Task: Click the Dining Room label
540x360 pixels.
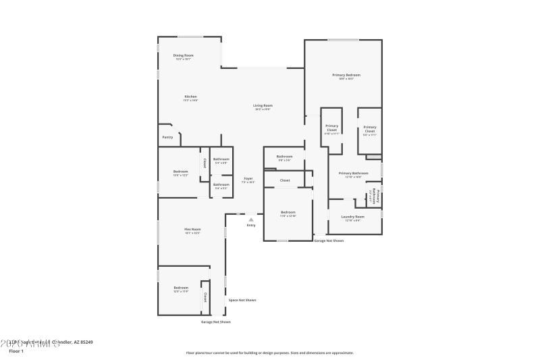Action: coord(183,55)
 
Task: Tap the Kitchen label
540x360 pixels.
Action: coord(191,97)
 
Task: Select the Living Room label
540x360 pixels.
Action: coord(263,105)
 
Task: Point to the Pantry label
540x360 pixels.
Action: coord(167,137)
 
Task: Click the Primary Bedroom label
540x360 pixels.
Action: coord(346,75)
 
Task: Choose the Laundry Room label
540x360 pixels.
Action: coord(354,217)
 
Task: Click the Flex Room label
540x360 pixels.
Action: coord(192,230)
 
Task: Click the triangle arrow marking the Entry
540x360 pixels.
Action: coord(251,220)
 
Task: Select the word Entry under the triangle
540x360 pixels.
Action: coord(251,226)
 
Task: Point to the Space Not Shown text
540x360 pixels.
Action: coord(242,300)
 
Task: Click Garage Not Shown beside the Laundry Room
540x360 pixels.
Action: coord(329,240)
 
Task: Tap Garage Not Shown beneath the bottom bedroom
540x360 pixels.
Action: coord(215,322)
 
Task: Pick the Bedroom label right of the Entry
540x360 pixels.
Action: coord(288,212)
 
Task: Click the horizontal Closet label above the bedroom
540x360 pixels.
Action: coord(285,180)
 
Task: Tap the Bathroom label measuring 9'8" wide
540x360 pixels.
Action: coord(284,157)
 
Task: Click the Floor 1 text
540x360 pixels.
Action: coord(16,351)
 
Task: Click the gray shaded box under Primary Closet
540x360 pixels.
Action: coord(373,157)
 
